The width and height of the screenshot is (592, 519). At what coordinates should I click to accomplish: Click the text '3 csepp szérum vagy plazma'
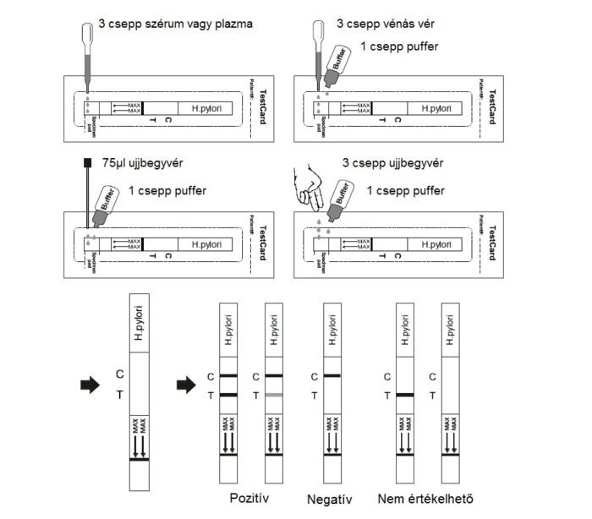176,24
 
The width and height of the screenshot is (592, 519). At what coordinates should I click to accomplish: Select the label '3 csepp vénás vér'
390,24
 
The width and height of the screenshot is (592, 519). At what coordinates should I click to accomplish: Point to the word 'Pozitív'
250,498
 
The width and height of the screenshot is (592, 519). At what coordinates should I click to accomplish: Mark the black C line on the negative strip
332,375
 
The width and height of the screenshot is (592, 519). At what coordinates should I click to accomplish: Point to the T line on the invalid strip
408,395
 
